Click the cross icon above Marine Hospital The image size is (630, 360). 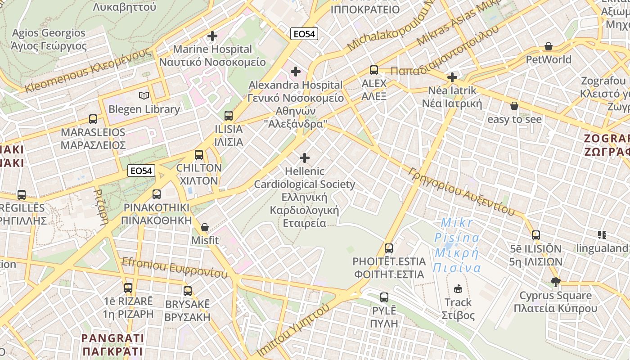(212, 36)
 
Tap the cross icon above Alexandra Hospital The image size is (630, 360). (296, 72)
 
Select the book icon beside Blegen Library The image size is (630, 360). (144, 96)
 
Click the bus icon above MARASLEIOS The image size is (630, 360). (93, 119)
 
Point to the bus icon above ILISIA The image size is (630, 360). (229, 116)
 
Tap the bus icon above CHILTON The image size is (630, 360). (199, 155)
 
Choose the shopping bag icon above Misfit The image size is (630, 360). (205, 227)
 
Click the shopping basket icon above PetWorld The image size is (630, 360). (549, 46)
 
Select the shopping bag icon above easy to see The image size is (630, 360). (514, 106)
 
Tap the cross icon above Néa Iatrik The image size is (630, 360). (452, 77)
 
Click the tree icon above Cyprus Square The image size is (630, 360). (556, 282)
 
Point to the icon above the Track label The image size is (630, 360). (458, 288)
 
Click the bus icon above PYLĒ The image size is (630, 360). (384, 297)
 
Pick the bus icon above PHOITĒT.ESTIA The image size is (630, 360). (389, 248)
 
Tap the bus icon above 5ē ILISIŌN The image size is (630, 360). (536, 235)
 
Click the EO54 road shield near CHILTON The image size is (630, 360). (141, 171)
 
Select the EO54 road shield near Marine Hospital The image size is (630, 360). (304, 34)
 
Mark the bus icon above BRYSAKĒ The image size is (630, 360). (188, 291)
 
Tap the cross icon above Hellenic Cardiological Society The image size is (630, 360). (305, 158)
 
